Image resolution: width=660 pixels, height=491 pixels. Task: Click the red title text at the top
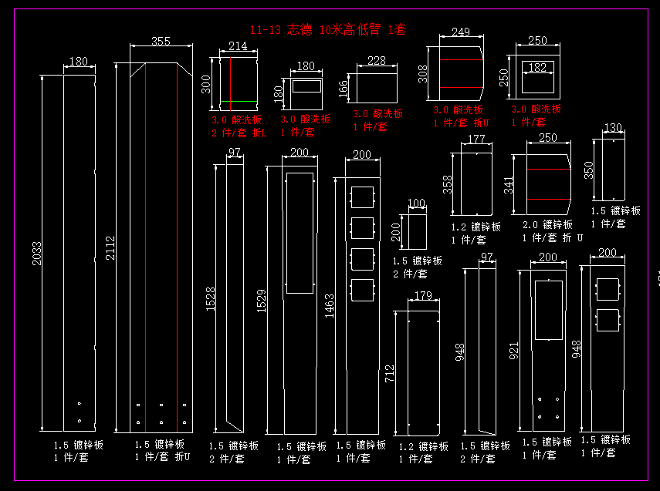328,30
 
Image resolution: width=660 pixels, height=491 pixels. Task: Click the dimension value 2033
37,254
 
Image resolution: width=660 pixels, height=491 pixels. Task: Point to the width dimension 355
161,41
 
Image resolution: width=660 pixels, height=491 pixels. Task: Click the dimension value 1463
330,305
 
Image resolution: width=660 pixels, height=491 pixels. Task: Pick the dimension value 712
389,375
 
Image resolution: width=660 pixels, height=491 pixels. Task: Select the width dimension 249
461,32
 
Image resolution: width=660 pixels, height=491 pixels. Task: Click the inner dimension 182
537,68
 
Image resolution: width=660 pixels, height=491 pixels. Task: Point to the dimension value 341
508,185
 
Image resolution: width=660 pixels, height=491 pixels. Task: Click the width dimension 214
238,46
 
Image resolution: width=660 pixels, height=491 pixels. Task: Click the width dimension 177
476,139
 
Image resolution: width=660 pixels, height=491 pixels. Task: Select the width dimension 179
423,296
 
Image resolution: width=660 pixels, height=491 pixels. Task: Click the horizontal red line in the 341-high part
548,200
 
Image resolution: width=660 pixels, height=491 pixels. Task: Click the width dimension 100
417,203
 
